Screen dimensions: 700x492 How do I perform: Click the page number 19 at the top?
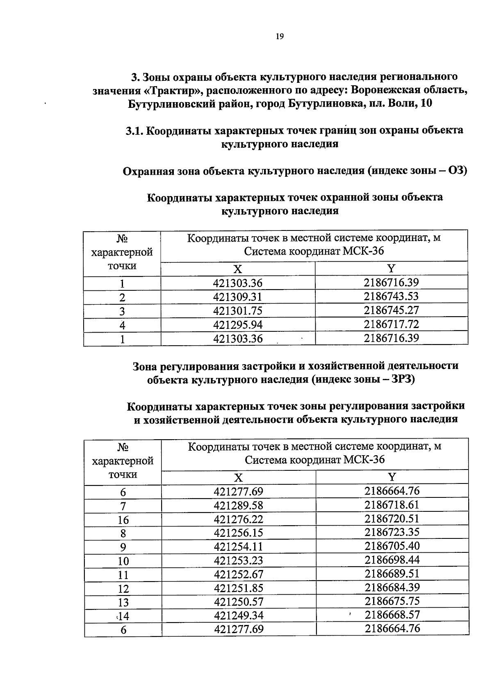(x=280, y=37)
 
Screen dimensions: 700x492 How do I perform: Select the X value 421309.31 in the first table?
(x=238, y=297)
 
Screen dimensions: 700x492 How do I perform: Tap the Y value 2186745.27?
(x=392, y=310)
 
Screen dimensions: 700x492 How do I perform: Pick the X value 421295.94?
(x=238, y=325)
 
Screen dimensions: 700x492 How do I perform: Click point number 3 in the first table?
(x=122, y=311)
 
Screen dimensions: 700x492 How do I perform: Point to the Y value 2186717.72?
(x=392, y=324)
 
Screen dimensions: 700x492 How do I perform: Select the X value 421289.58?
(x=238, y=505)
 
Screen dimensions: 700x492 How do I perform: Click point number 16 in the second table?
(x=123, y=520)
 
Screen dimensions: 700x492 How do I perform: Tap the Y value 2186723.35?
(x=392, y=532)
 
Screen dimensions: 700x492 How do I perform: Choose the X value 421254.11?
(x=238, y=547)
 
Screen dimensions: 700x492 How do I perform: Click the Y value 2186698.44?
(x=392, y=560)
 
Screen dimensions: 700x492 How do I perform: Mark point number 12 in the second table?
(x=123, y=589)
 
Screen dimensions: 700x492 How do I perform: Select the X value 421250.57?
(x=238, y=602)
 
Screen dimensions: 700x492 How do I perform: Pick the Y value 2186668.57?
(x=392, y=615)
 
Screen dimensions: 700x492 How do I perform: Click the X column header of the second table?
(x=238, y=477)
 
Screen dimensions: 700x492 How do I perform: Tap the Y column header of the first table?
(x=392, y=269)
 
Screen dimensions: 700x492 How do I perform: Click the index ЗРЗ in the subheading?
(x=403, y=379)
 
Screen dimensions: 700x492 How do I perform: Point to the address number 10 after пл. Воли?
(x=426, y=103)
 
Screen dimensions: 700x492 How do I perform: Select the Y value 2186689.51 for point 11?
(x=392, y=574)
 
